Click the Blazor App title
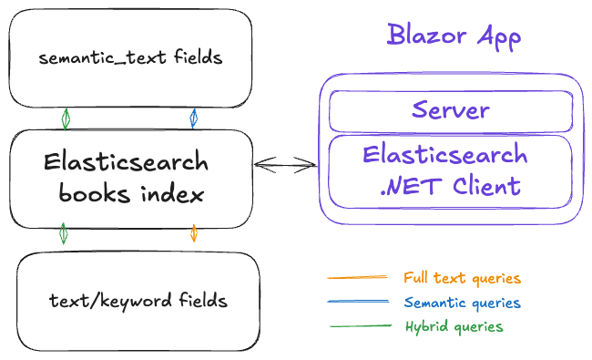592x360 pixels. tap(454, 36)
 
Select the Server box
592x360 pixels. tap(450, 111)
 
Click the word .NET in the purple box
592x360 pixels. tap(404, 186)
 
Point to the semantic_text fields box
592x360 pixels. tap(130, 58)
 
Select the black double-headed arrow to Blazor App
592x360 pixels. tap(285, 165)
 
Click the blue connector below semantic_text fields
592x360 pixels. tap(193, 118)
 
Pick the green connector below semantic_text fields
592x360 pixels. tap(66, 118)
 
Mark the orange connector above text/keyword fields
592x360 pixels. tap(193, 234)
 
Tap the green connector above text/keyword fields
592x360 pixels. tap(63, 234)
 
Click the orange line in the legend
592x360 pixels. tap(358, 277)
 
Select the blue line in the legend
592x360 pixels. tap(358, 302)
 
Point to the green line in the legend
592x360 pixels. tap(358, 325)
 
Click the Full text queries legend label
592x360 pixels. tap(462, 278)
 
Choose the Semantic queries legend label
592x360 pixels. tap(462, 303)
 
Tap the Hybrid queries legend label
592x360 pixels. tap(454, 326)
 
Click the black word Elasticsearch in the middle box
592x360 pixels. tap(126, 164)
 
